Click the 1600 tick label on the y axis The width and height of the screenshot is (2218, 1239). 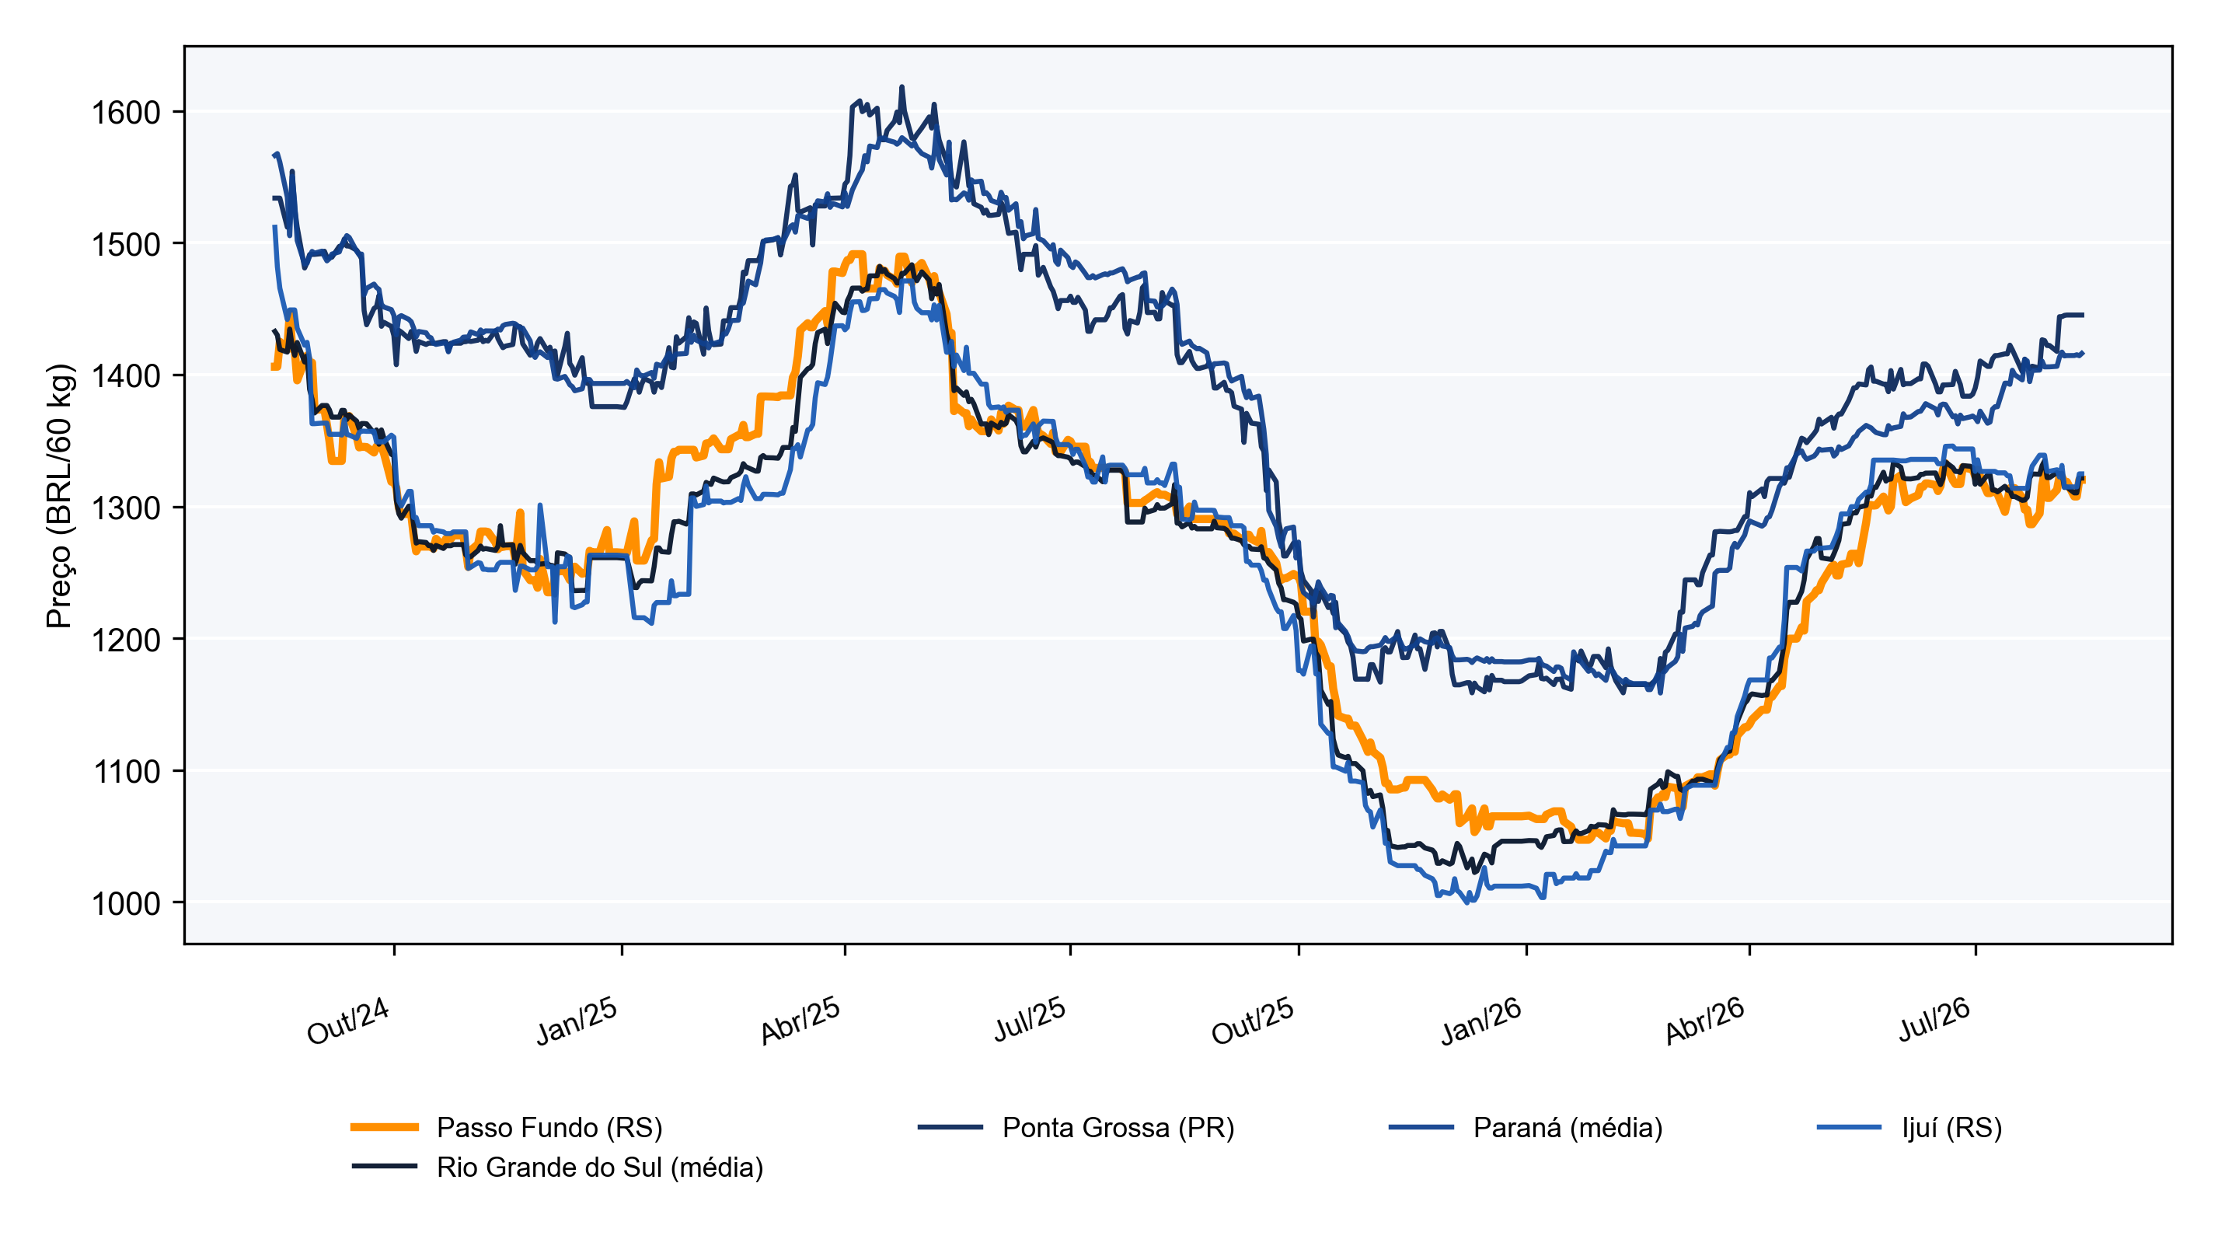coord(126,113)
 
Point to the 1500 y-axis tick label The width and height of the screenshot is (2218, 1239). coord(126,245)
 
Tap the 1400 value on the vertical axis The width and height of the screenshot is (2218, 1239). coord(126,376)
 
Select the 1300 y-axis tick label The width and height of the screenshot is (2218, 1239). coord(126,508)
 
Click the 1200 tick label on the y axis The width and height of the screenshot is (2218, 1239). coord(126,640)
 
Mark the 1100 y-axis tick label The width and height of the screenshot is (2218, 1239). coord(126,772)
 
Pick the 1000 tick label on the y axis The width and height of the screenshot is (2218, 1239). coord(126,903)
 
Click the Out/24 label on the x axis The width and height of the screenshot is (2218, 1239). coord(349,1021)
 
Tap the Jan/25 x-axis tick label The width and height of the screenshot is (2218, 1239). coord(576,1021)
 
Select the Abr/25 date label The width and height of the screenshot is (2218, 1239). coord(800,1021)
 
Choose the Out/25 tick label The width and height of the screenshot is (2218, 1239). coord(1253,1021)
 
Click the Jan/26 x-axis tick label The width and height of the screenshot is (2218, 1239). coord(1481,1021)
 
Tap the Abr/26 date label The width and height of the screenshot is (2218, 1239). coord(1705,1021)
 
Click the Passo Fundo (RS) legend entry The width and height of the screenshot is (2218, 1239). coord(506,1127)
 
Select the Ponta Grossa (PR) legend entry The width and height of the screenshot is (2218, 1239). coord(1076,1127)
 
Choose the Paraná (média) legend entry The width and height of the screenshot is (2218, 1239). coord(1526,1127)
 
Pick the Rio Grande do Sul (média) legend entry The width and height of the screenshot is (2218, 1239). coord(557,1167)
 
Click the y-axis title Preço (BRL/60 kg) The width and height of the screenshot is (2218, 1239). coord(61,496)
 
